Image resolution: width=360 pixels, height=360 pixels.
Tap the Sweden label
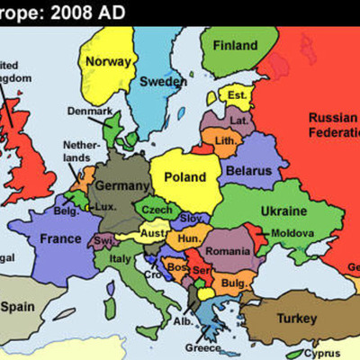click(x=163, y=80)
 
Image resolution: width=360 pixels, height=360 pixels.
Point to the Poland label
click(x=184, y=177)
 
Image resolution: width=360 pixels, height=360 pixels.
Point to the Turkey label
click(x=297, y=319)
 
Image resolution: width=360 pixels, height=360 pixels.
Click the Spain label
click(x=18, y=306)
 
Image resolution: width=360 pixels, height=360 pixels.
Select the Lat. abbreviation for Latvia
click(x=239, y=119)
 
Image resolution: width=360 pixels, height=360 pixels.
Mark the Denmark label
click(x=90, y=112)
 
